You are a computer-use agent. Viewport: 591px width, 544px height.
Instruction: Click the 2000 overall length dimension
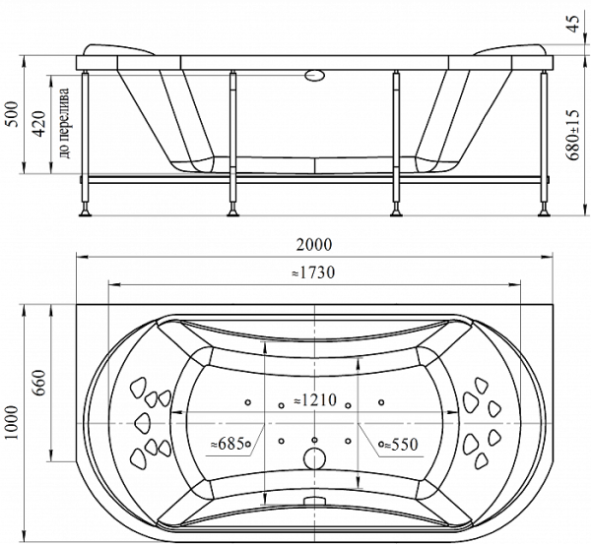tap(314, 245)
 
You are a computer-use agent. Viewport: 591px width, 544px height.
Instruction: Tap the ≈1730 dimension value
tap(313, 272)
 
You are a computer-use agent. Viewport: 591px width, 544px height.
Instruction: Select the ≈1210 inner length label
tap(315, 400)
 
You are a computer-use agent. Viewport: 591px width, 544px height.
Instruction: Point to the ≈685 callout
tap(228, 445)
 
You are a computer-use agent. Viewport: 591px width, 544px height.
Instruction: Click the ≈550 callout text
tap(401, 445)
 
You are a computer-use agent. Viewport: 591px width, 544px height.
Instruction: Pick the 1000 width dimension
tap(11, 422)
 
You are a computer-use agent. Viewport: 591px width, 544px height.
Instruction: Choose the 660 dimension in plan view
tap(38, 383)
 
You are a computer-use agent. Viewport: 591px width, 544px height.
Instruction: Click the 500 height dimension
tap(11, 114)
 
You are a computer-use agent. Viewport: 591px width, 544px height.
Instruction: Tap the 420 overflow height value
tap(38, 124)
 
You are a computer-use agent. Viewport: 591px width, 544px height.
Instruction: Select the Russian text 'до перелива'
tap(64, 123)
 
